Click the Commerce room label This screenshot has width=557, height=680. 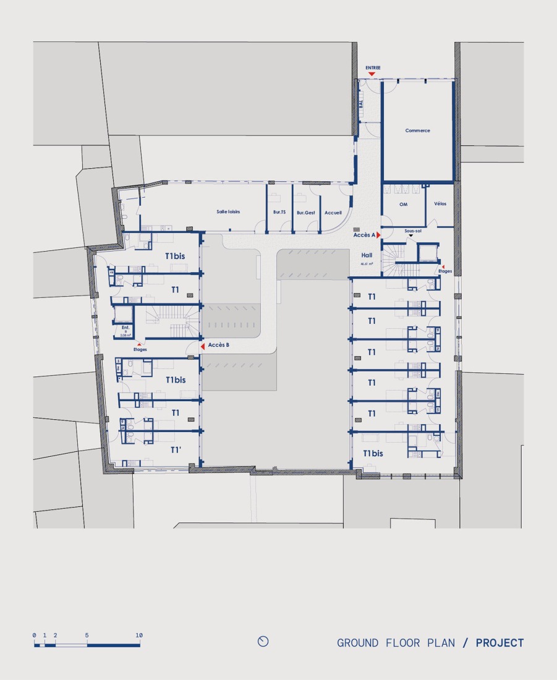click(417, 130)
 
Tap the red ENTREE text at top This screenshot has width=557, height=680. click(373, 67)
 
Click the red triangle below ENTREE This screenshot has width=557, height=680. click(372, 74)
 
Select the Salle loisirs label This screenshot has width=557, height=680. click(228, 211)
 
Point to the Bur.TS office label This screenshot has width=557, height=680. click(279, 212)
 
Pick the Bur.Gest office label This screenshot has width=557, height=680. click(305, 212)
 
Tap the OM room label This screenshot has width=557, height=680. click(404, 204)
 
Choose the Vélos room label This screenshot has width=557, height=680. click(440, 203)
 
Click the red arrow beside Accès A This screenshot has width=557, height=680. click(378, 235)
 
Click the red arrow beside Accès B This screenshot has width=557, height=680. click(203, 348)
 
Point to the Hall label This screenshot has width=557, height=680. click(367, 255)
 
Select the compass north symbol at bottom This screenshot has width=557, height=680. click(263, 642)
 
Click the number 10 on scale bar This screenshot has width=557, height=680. click(139, 635)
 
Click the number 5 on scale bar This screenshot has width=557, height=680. click(87, 635)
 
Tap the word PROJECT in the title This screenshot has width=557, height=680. click(500, 643)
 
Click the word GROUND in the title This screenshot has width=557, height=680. click(357, 643)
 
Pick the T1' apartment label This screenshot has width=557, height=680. click(176, 450)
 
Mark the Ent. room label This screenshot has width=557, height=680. click(125, 328)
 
